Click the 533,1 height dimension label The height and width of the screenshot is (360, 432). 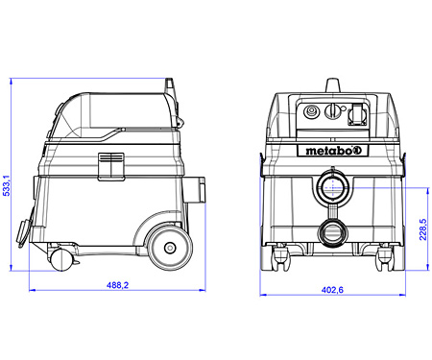click(7, 185)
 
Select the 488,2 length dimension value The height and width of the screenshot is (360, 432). click(117, 285)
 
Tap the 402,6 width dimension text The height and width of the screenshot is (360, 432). click(332, 290)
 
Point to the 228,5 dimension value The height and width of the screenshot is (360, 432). click(423, 229)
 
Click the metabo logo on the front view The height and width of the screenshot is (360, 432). click(333, 151)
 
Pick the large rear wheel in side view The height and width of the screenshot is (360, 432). click(171, 248)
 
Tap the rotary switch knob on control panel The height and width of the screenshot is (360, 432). click(333, 111)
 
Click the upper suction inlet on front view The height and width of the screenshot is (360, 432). click(333, 186)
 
